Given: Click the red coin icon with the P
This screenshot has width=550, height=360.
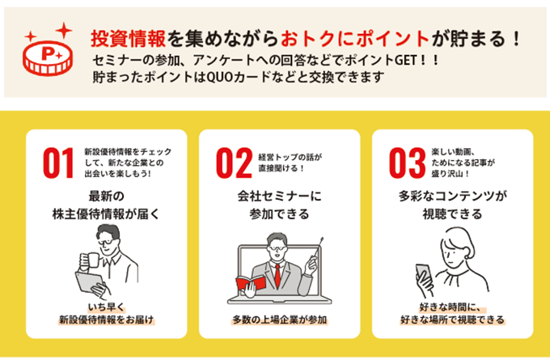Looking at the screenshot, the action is pos(48,58).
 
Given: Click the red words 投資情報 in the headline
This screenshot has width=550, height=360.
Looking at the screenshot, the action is pos(128,39).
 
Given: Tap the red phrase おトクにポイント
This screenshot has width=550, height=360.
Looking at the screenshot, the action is pos(355,39).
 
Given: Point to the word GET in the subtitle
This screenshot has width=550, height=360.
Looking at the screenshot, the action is pos(406,61).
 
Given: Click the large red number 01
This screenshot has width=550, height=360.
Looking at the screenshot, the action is pos(58,163).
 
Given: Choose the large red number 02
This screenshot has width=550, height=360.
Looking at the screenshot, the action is pos(234,163).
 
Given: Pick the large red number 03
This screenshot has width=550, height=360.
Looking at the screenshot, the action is pos(407,163).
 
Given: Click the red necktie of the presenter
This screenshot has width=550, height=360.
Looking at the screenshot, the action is pos(277,275).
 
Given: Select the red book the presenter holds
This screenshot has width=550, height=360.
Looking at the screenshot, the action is pos(251,283).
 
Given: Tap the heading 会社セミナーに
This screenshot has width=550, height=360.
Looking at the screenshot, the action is pos(280,196).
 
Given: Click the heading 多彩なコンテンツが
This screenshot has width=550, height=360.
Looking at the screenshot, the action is pos(453,196).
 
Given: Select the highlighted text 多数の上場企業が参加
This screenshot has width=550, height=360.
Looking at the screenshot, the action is pos(280,320).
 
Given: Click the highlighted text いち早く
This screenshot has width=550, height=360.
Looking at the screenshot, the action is pos(106,307).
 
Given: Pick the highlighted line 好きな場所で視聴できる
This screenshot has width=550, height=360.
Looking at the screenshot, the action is pos(452,320).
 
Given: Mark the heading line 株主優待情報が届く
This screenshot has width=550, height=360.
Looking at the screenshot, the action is pos(106,214).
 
